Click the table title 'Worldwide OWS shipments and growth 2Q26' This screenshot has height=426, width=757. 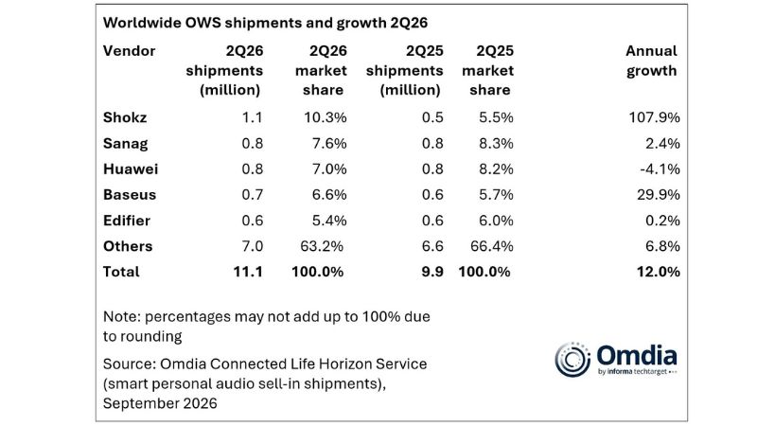coord(265,23)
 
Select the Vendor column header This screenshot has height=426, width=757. coord(129,51)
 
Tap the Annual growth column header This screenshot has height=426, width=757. coord(651,61)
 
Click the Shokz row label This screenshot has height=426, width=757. coord(125,117)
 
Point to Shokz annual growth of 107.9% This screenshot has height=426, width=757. coord(654,117)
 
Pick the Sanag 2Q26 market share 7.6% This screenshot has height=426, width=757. coord(328,144)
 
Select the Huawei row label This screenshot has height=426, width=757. coord(131,169)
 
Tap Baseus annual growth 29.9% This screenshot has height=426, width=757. coord(659,195)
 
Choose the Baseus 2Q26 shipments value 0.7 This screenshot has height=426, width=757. coord(253,195)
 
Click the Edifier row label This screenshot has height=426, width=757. coord(127,221)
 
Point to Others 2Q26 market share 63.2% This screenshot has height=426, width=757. coord(322,246)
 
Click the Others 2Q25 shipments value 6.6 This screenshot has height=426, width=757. coord(432,246)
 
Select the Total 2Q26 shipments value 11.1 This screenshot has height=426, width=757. coord(248,272)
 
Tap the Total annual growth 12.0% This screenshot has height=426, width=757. coord(659,272)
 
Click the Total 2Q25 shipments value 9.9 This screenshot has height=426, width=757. coord(432,272)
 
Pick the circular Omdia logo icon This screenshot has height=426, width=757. coord(572,360)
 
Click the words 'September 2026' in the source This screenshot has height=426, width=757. coord(160,403)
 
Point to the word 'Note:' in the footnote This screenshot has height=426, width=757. coord(122,317)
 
